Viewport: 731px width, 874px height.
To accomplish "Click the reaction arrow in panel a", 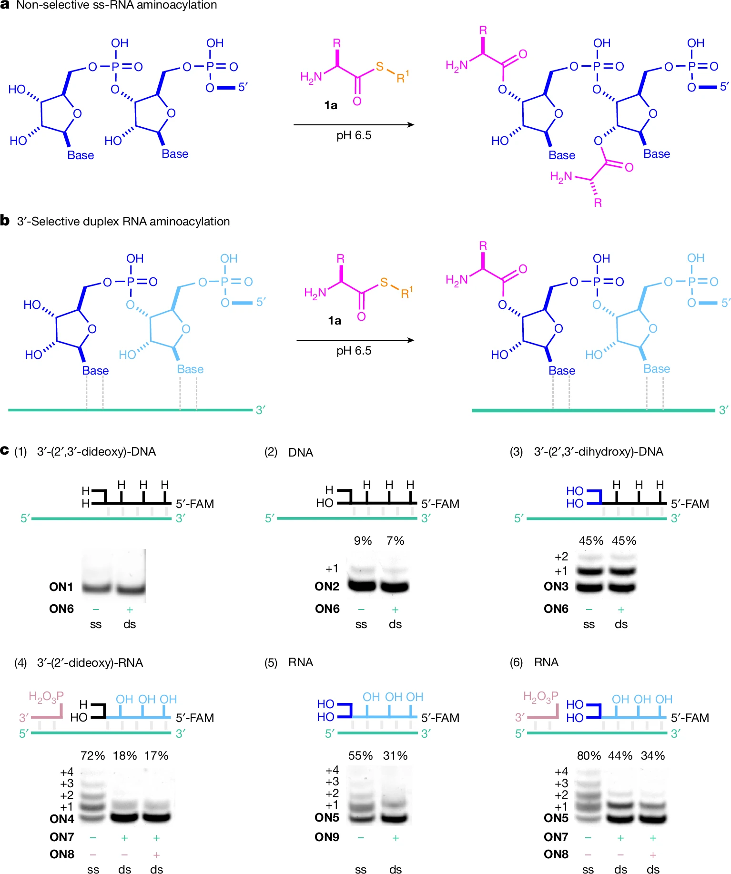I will click(x=354, y=125).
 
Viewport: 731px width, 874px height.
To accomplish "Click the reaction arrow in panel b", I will click(x=355, y=340).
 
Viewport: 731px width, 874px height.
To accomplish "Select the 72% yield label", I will click(x=92, y=756).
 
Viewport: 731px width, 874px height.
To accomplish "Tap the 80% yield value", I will click(x=589, y=756).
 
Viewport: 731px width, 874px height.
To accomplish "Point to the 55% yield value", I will click(x=360, y=756).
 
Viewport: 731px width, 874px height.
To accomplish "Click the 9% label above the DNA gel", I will click(x=363, y=541).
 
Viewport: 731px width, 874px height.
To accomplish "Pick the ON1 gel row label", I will click(x=61, y=587).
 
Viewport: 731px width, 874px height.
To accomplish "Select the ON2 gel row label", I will click(x=327, y=587).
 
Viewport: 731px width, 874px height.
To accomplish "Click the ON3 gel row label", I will click(x=556, y=587).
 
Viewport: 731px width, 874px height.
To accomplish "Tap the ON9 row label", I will click(x=327, y=837).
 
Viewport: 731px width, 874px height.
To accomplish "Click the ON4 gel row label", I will click(x=62, y=819).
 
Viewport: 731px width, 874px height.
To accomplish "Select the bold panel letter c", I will click(x=5, y=450).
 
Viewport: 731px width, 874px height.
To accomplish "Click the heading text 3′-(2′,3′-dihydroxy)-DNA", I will click(x=599, y=452).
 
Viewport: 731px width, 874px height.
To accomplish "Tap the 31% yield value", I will click(x=395, y=756).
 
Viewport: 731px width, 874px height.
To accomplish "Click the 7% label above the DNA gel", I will click(x=395, y=541).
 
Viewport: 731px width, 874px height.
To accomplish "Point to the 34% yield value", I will click(x=653, y=756).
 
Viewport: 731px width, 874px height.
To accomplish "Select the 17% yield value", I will click(x=156, y=756).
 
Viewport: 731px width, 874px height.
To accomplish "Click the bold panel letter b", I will click(x=5, y=221).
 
